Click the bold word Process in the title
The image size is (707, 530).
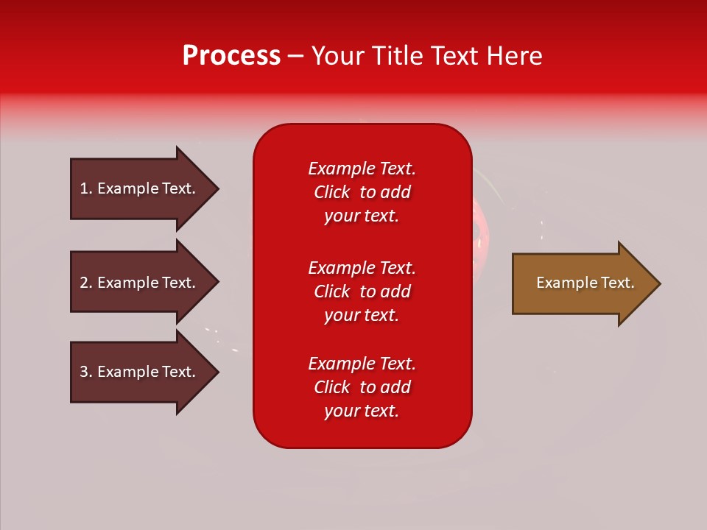point(231,55)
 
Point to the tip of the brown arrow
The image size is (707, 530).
point(658,283)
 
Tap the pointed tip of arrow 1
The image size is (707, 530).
point(216,189)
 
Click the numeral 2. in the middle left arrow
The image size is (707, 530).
point(86,283)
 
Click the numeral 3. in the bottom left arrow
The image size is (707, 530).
point(86,372)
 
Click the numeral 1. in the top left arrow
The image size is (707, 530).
point(86,188)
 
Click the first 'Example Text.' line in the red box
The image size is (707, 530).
point(362,169)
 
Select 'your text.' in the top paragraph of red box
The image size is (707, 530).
point(362,216)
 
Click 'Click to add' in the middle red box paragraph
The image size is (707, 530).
point(362,291)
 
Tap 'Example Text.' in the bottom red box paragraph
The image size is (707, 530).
point(362,364)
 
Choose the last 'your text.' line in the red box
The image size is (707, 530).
point(362,411)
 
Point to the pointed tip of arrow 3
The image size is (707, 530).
point(216,372)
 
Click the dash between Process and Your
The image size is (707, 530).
point(295,57)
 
